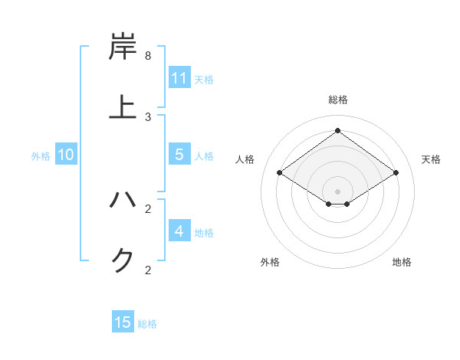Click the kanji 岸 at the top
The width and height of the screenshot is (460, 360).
click(x=123, y=47)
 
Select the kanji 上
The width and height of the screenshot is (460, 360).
click(x=123, y=106)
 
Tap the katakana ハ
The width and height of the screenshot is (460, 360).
click(x=123, y=201)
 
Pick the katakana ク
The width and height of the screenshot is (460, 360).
click(x=123, y=260)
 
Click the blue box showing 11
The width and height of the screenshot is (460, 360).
click(x=179, y=77)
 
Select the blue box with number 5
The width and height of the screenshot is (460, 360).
click(x=179, y=155)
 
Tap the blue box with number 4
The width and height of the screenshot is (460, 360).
click(x=179, y=231)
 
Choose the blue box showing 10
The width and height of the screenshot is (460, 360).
click(x=66, y=155)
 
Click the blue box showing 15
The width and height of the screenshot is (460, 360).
click(x=123, y=322)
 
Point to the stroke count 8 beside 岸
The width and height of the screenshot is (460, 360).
click(x=148, y=56)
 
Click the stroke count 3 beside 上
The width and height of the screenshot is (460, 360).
click(x=148, y=116)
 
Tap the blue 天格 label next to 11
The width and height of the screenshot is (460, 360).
click(x=204, y=79)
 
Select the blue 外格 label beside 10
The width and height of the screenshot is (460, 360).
click(x=41, y=156)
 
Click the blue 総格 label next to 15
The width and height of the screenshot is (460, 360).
click(x=147, y=324)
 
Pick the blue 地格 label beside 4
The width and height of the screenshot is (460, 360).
click(x=204, y=233)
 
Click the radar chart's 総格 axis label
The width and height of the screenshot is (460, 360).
click(x=337, y=100)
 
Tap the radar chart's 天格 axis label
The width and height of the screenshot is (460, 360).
click(x=431, y=159)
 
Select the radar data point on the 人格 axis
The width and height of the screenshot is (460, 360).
click(x=279, y=173)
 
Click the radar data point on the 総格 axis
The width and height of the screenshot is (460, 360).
click(x=337, y=130)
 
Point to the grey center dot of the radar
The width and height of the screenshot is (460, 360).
click(x=337, y=191)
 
